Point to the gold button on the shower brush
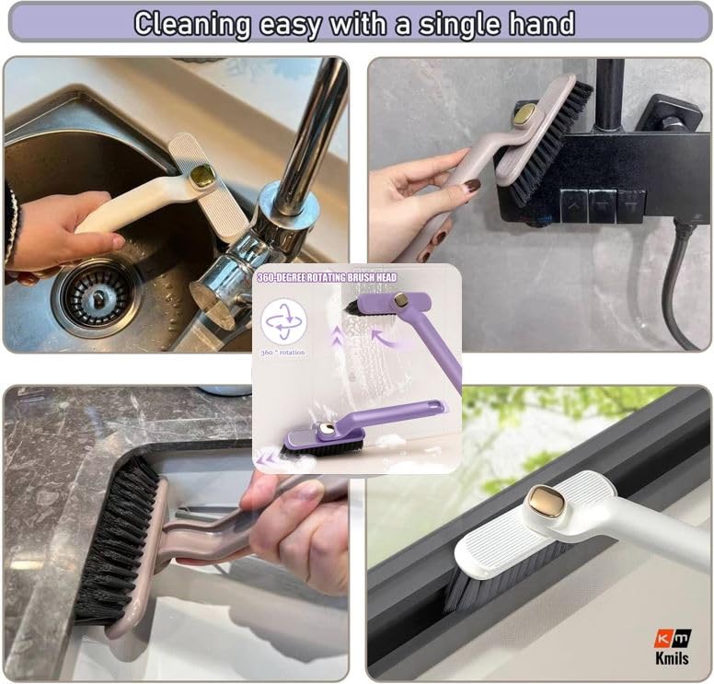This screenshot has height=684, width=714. coord(524,115)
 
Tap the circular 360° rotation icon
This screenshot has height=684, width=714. coord(283,322)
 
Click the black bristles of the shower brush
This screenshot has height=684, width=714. coord(552,143)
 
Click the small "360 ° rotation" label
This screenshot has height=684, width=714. coord(283,353)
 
